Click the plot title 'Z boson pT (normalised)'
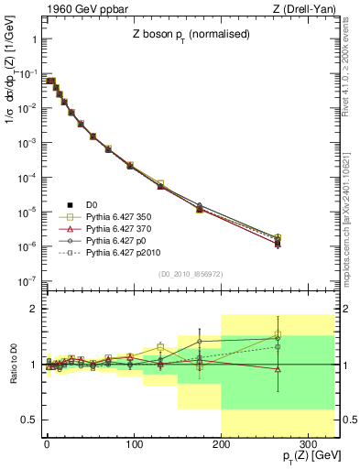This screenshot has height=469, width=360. pos(190,35)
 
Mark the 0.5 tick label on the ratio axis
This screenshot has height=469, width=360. pos(29,420)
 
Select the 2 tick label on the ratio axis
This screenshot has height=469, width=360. pos(34,309)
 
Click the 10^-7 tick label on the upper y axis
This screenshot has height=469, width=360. pos(27,281)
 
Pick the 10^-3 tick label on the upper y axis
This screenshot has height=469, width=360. pos(27,143)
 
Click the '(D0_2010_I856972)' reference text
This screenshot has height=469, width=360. pos(190,273)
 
